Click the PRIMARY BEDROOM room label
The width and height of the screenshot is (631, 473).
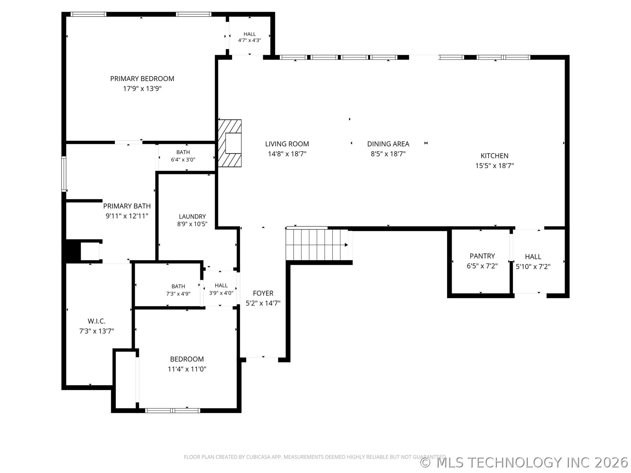[142, 79]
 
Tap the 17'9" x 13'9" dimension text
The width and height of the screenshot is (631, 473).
[142, 88]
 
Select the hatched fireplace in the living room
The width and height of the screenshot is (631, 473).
[230, 143]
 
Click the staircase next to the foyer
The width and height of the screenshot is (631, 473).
[317, 245]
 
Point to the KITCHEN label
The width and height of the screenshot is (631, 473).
[494, 156]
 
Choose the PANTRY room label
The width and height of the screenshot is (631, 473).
[482, 256]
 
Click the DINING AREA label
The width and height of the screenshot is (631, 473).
[388, 144]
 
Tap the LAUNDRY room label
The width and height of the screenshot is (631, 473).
[192, 216]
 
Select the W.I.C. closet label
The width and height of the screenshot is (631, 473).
[97, 321]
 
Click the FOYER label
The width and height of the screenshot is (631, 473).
[263, 293]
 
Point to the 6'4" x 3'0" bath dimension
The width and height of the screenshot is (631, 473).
[183, 160]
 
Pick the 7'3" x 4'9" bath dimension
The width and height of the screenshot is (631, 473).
[178, 294]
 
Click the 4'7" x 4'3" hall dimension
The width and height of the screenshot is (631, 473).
[249, 40]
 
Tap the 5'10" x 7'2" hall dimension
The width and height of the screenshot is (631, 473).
[533, 266]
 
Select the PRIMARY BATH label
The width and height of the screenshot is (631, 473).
[127, 206]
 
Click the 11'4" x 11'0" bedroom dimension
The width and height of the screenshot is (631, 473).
[187, 369]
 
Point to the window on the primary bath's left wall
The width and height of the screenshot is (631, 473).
[64, 174]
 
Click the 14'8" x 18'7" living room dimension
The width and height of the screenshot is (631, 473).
[287, 154]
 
